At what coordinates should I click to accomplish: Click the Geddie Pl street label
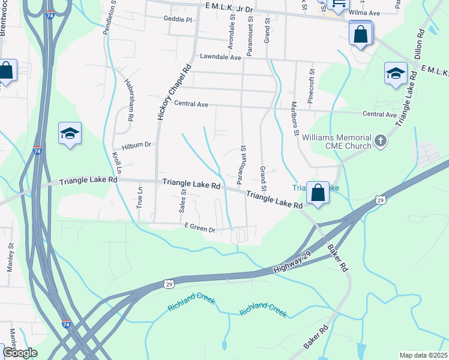(177, 20)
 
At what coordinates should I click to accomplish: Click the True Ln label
(140, 196)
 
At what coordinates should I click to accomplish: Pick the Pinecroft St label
(311, 89)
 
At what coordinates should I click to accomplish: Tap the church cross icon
(379, 141)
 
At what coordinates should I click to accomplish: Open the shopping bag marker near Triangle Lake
(318, 193)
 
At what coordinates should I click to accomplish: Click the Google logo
(20, 353)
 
